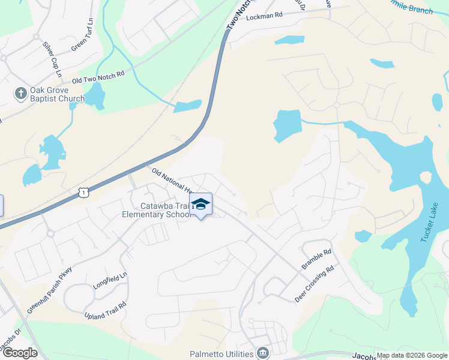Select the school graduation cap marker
tap(201, 204)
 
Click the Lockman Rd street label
tap(264, 17)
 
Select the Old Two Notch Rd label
tap(98, 77)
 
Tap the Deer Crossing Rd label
tap(313, 284)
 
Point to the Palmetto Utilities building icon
tap(262, 353)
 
